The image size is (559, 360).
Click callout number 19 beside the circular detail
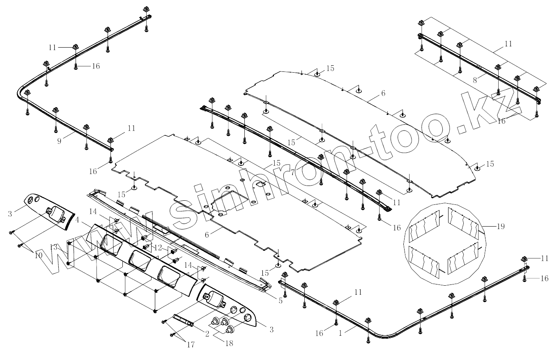[x=500, y=226]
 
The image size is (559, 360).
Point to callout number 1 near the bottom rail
[x=340, y=334]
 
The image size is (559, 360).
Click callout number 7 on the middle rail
[x=292, y=173]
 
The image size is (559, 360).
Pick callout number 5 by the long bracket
[x=281, y=300]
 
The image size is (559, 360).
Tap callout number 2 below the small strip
[x=207, y=334]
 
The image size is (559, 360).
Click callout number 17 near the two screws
[x=190, y=345]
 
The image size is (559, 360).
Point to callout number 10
[x=38, y=255]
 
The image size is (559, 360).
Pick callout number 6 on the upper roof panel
[x=383, y=94]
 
